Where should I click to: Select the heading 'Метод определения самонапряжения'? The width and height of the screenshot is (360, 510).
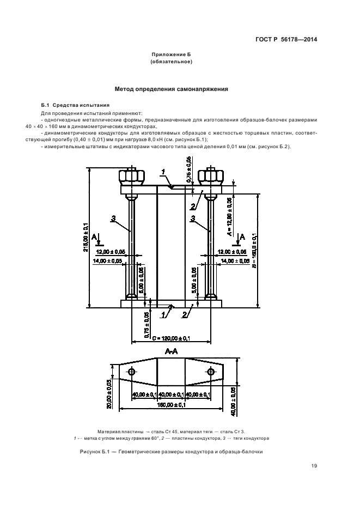point(171,89)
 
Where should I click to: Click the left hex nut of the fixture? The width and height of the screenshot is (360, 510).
point(132,177)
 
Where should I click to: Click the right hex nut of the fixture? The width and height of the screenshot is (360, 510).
point(210,177)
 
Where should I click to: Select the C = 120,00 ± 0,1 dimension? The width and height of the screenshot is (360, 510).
point(171,338)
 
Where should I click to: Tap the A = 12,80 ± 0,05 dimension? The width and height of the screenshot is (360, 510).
point(229,216)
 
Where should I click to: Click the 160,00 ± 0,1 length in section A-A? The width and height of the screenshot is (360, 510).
point(171,405)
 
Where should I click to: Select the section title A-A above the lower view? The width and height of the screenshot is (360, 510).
point(171,352)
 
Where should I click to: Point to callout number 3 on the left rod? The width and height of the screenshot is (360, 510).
point(113,218)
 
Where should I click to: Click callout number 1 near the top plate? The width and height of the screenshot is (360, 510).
point(162,172)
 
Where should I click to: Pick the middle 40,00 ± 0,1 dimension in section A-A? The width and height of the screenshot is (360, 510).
point(171,394)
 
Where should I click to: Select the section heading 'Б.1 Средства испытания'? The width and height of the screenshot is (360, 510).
point(68,105)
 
